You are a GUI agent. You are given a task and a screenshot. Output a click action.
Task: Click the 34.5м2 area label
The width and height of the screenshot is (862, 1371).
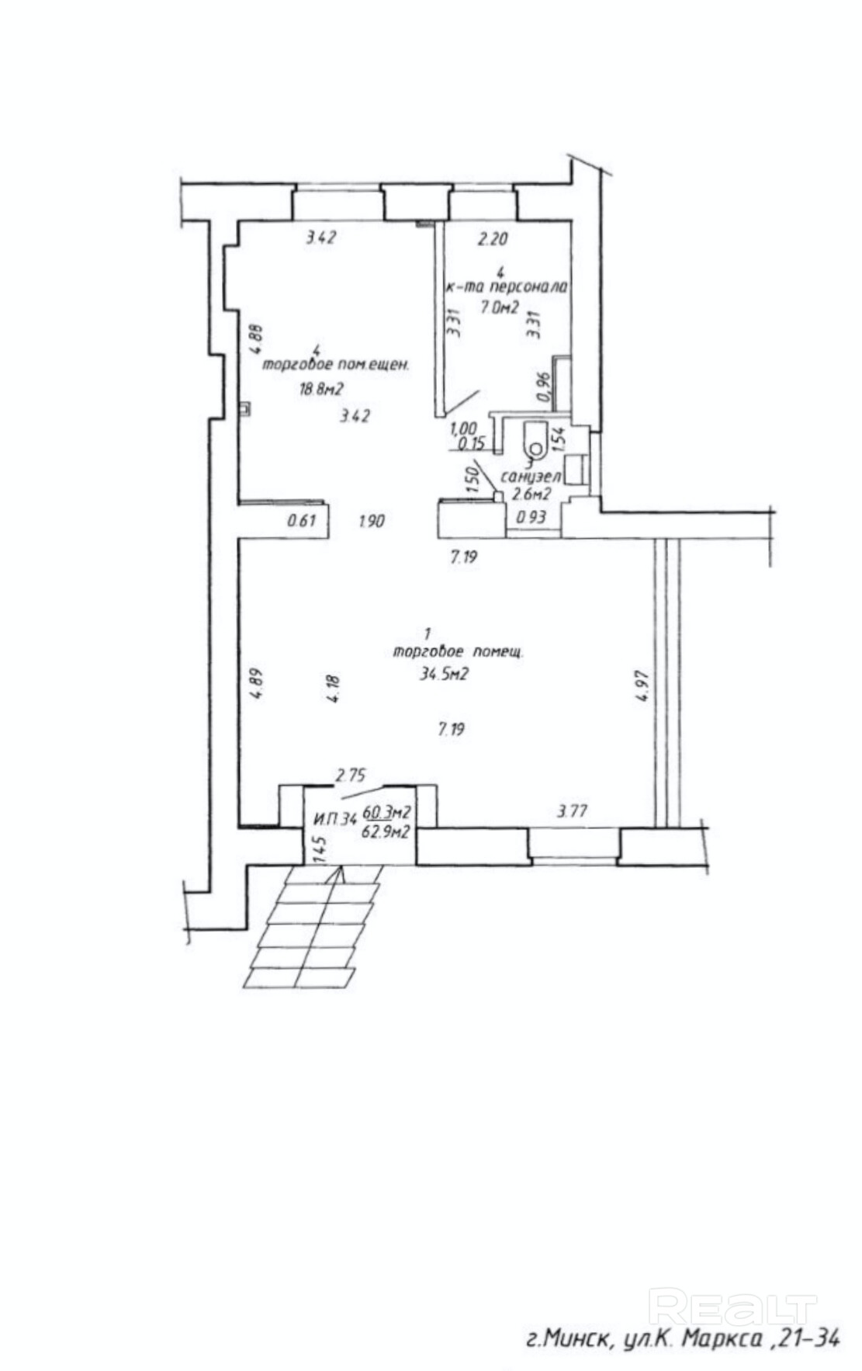[444, 674]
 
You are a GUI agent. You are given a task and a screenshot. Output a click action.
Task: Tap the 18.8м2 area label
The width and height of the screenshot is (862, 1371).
[321, 389]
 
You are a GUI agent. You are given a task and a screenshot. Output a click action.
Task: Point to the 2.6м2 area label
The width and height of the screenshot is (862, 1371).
[532, 493]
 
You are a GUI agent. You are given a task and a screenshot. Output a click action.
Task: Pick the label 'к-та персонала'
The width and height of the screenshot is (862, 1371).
[507, 286]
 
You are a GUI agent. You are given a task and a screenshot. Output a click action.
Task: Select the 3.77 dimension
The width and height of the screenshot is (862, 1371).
[573, 812]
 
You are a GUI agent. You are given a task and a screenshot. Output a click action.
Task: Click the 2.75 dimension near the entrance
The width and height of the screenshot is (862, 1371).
[351, 774]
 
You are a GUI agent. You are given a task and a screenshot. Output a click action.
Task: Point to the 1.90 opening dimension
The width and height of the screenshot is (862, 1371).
[372, 522]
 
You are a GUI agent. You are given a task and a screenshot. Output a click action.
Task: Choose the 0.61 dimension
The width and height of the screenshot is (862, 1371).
[301, 521]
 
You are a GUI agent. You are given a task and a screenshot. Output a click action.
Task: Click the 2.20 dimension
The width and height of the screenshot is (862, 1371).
[491, 239]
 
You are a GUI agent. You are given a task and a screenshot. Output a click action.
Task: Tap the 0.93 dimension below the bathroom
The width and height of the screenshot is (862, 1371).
[531, 518]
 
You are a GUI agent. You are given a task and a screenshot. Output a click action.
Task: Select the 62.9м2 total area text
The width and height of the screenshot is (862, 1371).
[386, 831]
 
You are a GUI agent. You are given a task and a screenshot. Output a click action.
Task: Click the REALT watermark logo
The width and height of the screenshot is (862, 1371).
[732, 1307]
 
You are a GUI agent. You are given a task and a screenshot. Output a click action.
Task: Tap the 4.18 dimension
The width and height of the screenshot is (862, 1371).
[333, 688]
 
